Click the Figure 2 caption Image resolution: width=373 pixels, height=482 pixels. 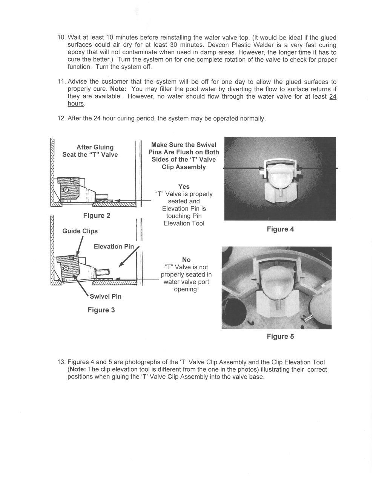[97, 215]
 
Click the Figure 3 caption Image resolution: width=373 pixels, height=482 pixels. [101, 310]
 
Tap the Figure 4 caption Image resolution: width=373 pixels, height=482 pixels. [280, 229]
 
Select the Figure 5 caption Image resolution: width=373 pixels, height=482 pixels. [280, 336]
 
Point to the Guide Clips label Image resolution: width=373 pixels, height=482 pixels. [80, 231]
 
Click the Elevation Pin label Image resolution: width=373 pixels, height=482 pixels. [114, 246]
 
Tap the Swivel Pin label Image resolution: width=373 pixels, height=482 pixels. [106, 296]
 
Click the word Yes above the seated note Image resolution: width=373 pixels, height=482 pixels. [184, 186]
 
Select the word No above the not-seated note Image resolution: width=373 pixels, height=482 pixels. [186, 259]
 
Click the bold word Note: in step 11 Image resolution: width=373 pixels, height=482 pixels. [118, 89]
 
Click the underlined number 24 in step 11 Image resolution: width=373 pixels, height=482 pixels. [333, 96]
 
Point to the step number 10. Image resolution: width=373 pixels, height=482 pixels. [61, 38]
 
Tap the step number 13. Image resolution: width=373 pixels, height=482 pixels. [61, 362]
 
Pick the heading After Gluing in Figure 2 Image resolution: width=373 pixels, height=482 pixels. [95, 147]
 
